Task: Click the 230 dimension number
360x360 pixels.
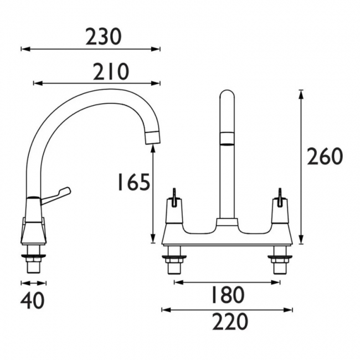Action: (103, 37)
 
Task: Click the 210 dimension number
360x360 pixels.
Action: (111, 71)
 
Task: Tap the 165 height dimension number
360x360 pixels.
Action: (133, 182)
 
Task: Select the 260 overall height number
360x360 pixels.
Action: (325, 156)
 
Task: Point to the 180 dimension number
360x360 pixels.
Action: (227, 295)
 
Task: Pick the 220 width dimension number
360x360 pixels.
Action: (230, 322)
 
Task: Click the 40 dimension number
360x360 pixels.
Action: (32, 301)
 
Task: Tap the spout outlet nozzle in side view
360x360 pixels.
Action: (153, 137)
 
